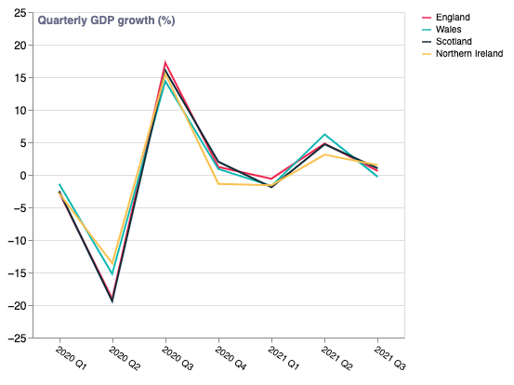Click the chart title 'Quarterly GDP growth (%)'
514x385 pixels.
(106, 20)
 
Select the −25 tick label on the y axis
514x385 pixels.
(19, 339)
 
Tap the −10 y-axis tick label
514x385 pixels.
(19, 241)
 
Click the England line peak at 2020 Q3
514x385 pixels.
(165, 63)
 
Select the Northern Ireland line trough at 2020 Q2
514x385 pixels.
(112, 265)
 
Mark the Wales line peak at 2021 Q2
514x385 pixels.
(324, 135)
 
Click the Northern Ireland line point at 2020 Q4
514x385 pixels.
(218, 184)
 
